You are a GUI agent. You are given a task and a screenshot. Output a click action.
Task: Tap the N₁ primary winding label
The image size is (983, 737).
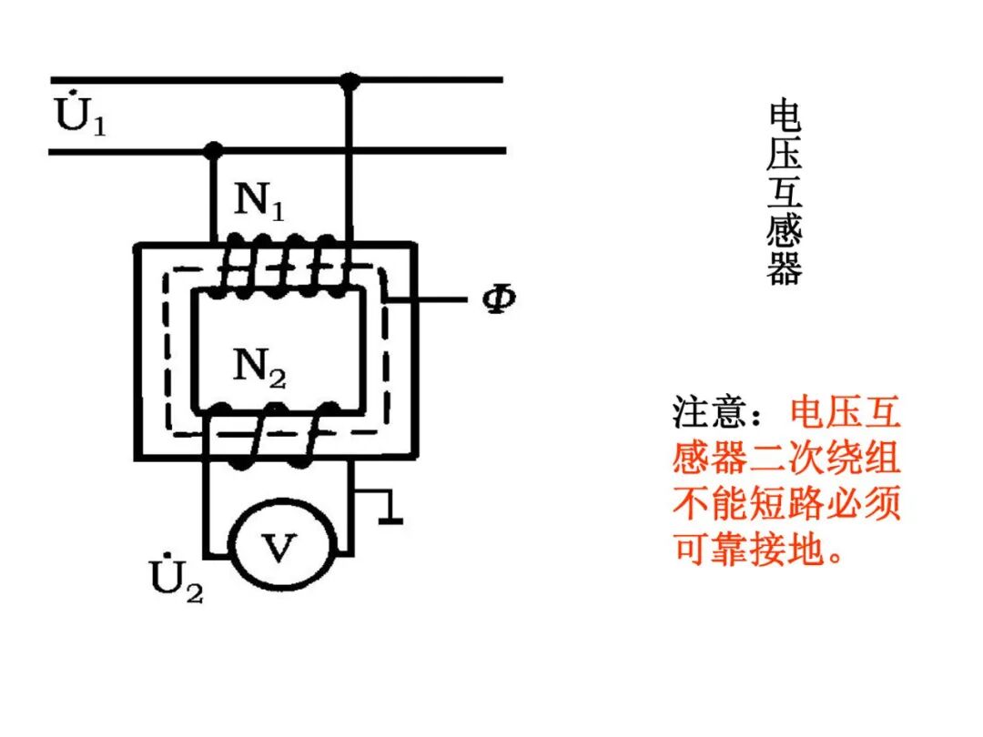pyautogui.click(x=259, y=202)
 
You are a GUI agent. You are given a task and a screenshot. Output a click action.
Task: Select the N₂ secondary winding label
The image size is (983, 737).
pyautogui.click(x=259, y=368)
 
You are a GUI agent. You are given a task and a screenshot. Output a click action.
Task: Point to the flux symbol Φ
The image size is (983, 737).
pyautogui.click(x=498, y=299)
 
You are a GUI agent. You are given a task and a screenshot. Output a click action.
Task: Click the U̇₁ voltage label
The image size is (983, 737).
pyautogui.click(x=80, y=117)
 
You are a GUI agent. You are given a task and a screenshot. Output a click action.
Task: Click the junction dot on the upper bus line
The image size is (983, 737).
pyautogui.click(x=349, y=81)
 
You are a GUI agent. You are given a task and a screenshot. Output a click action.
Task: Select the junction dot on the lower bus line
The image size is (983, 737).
pyautogui.click(x=213, y=149)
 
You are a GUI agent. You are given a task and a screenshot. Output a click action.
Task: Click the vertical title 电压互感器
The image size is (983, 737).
pyautogui.click(x=784, y=192)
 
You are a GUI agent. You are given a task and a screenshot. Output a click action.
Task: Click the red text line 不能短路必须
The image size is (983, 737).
pyautogui.click(x=786, y=502)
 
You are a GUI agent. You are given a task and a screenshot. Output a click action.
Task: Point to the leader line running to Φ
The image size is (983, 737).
pyautogui.click(x=431, y=298)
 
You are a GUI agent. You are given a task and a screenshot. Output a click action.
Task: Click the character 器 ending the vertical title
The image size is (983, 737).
pyautogui.click(x=784, y=268)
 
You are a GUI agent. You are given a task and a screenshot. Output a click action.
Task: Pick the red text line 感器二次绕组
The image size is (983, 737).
pyautogui.click(x=786, y=457)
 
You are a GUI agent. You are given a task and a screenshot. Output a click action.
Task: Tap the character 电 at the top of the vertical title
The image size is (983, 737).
pyautogui.click(x=784, y=116)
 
